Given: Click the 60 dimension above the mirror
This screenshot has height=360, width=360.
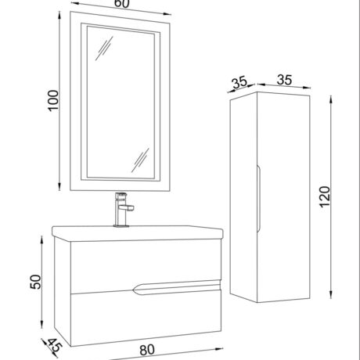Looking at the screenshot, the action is [121, 3].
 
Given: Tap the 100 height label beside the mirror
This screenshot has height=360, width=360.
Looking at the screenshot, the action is [53, 101].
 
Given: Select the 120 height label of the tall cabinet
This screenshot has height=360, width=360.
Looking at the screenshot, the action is [325, 196].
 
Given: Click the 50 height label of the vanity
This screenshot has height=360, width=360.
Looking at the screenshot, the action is [36, 282].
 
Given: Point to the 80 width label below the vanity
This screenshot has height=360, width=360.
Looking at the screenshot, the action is [147, 350].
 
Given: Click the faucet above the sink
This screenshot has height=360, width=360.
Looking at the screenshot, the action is [123, 209].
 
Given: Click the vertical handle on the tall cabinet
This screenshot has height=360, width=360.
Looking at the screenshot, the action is [258, 198].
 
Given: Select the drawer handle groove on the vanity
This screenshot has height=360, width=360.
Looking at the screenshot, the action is [177, 287].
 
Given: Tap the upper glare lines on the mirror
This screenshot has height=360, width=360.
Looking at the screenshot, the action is [104, 49].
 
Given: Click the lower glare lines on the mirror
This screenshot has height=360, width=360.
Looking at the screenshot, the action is [140, 160].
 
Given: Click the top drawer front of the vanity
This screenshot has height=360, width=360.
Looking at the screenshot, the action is [146, 265].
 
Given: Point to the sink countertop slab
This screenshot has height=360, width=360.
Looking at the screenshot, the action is [138, 233].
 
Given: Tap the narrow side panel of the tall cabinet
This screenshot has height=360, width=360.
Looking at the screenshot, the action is [243, 197].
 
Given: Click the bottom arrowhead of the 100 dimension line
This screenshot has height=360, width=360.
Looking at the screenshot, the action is [59, 185].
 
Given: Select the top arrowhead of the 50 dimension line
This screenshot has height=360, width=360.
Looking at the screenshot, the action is [41, 240].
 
